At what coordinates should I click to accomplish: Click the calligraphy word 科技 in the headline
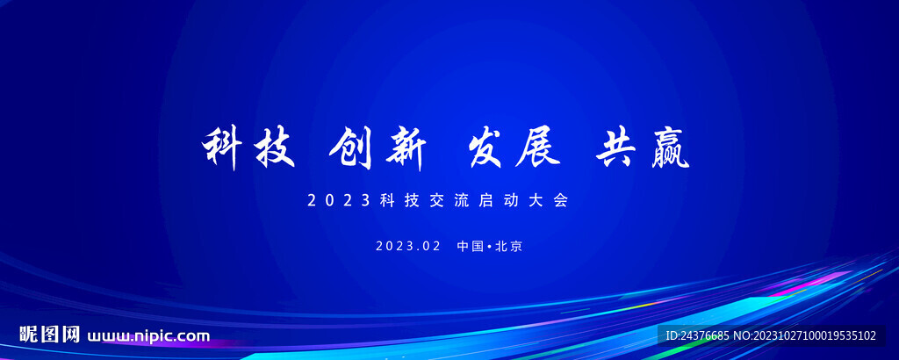[x=248, y=148]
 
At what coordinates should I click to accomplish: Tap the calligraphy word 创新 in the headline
[x=377, y=148]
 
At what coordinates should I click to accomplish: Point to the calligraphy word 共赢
[x=643, y=148]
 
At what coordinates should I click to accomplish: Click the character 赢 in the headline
[x=666, y=148]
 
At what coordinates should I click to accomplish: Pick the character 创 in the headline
[x=352, y=148]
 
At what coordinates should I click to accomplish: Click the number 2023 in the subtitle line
[x=339, y=200]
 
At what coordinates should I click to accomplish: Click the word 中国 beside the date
[x=471, y=246]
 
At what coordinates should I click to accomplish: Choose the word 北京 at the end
[x=509, y=246]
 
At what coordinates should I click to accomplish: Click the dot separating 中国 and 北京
[x=489, y=247]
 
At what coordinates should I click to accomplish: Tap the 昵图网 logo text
[x=50, y=335]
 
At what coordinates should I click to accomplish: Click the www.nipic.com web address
[x=148, y=336]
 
